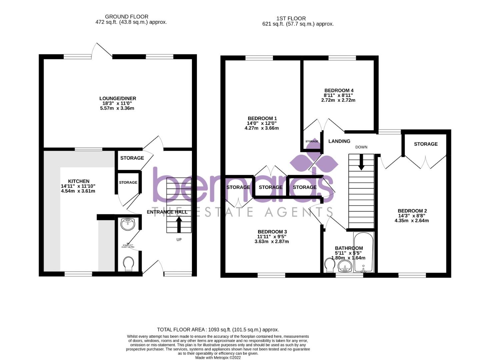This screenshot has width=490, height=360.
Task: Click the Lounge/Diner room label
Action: click(118, 99)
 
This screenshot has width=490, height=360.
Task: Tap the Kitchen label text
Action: click(79, 181)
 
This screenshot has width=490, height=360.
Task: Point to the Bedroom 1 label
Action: click(262, 118)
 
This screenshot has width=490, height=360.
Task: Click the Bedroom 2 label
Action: click(412, 211)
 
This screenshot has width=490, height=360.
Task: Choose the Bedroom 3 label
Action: click(272, 232)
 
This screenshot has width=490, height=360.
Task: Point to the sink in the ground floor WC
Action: click(128, 224)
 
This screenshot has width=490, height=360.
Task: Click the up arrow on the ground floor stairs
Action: click(179, 224)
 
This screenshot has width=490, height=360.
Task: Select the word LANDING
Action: click(339, 141)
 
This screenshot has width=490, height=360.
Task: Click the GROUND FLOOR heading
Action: click(126, 17)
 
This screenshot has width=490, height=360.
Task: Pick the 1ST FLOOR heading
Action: click(291, 19)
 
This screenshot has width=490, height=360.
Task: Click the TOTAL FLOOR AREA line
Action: click(218, 330)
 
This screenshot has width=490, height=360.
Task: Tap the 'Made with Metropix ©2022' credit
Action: click(218, 358)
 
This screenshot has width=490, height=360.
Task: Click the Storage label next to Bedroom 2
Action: click(426, 144)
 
